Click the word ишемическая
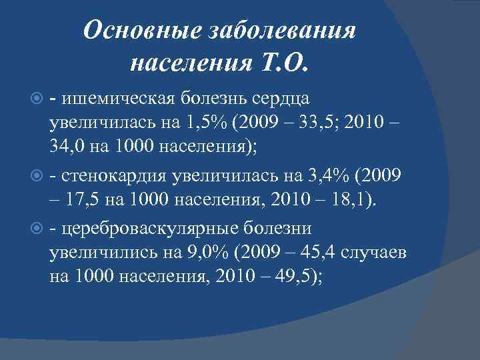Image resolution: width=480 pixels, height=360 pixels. [x=118, y=99]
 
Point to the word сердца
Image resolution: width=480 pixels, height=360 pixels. [x=281, y=99]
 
